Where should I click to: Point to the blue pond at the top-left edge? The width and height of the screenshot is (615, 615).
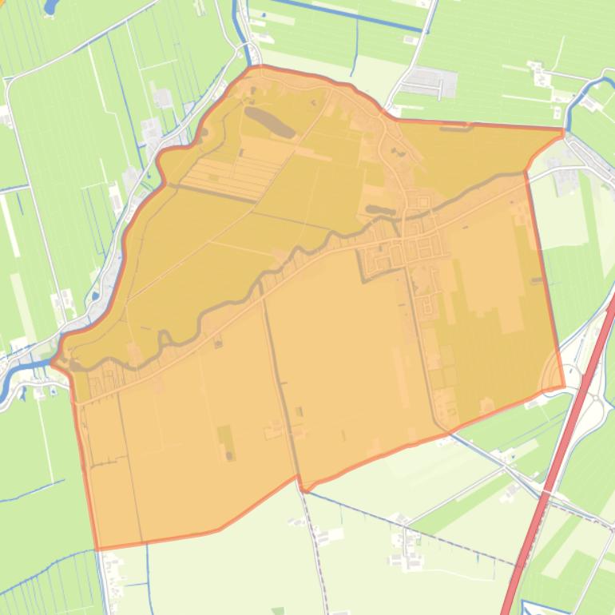(50, 7)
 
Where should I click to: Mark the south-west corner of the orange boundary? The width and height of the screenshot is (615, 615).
(97, 549)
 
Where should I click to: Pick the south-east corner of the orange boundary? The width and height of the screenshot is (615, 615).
(564, 387)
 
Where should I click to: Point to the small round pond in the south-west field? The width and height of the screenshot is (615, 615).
(230, 455)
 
